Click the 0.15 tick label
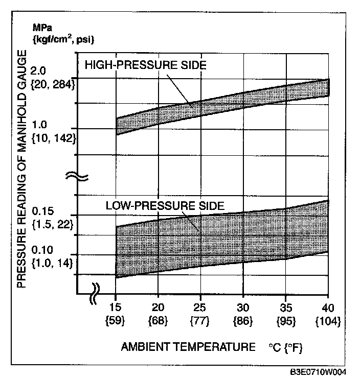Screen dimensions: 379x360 click(43, 211)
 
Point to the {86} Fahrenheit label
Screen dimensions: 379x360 click(243, 322)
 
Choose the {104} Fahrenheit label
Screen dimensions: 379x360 click(328, 322)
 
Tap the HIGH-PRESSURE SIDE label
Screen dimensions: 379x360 click(145, 65)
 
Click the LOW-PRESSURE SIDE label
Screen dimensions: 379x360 click(165, 206)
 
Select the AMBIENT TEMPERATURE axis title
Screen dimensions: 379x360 click(188, 347)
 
